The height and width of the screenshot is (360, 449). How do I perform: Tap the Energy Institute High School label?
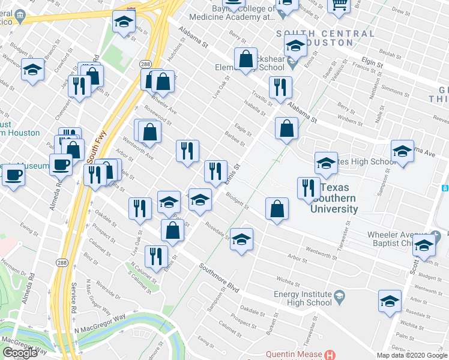click(303, 298)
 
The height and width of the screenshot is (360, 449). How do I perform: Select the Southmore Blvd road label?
click(220, 279)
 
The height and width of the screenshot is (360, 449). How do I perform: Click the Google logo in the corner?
click(20, 352)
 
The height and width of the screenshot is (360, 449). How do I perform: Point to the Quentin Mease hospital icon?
click(328, 356)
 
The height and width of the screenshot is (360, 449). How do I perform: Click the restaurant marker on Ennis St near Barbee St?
click(215, 170)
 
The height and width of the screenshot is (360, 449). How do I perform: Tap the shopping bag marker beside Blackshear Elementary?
click(246, 59)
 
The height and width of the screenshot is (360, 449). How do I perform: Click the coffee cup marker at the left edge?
click(13, 175)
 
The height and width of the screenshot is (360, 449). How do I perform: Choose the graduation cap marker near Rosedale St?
click(242, 239)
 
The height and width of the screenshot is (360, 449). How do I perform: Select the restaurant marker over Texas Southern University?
click(308, 187)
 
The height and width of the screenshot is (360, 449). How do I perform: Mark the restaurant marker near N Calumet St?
click(156, 256)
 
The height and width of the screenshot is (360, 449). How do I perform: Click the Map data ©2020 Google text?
click(412, 355)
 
